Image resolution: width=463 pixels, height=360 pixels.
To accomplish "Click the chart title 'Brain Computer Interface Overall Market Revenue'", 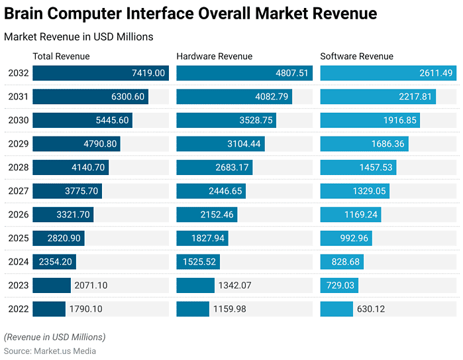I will (191, 13).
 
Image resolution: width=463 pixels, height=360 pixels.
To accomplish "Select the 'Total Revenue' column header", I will (61, 56).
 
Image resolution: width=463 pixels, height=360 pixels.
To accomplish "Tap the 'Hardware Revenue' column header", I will (214, 56).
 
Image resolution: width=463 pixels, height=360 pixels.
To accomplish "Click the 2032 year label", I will (18, 73).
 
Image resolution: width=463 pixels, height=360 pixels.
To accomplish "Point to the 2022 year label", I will (18, 309).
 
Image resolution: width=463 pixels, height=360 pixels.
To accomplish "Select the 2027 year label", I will (18, 191).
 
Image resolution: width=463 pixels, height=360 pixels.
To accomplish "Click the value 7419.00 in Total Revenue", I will (148, 73).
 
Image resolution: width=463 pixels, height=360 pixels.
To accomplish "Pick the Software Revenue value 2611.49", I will (436, 73).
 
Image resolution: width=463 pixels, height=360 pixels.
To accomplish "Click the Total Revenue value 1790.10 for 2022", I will (86, 309).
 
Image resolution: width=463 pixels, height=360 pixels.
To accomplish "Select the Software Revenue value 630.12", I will (371, 309).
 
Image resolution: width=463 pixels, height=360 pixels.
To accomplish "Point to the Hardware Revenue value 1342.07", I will (235, 286).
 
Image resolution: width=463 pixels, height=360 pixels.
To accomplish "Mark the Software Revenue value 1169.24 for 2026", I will (361, 215).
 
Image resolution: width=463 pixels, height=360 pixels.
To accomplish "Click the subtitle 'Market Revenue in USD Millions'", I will (78, 37).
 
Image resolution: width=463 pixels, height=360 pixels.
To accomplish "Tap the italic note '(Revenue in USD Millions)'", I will (54, 337).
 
